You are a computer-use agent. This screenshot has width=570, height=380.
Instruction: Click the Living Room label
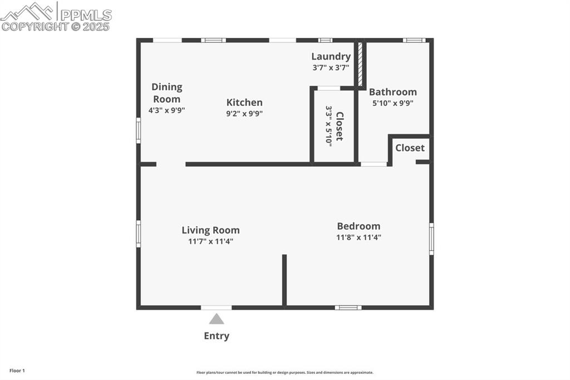(210, 230)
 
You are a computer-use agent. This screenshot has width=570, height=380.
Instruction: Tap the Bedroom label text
(358, 226)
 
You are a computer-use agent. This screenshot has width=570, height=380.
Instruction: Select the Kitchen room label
(244, 103)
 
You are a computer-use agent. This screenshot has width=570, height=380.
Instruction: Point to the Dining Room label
(167, 92)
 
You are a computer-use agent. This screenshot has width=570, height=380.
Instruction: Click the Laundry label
(331, 56)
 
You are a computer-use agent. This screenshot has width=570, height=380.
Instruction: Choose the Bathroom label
(392, 92)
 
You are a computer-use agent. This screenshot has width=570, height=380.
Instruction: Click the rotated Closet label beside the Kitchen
(339, 126)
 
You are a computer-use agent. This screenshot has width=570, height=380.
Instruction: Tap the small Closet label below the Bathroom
(410, 148)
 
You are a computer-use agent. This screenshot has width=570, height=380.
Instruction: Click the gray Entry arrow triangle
(217, 319)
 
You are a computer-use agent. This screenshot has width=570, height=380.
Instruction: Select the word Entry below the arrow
(217, 335)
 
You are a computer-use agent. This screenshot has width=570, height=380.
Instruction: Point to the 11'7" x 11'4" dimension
(210, 241)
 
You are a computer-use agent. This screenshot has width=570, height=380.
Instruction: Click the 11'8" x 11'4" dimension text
(358, 237)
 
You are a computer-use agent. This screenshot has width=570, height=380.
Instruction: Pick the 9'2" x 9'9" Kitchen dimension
(244, 114)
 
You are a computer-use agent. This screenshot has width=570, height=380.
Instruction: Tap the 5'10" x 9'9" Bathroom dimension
(392, 103)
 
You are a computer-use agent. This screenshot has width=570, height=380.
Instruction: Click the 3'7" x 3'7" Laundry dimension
(331, 67)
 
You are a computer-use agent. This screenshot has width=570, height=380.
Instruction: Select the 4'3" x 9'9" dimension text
(166, 110)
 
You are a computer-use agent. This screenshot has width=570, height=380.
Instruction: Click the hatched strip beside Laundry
(360, 64)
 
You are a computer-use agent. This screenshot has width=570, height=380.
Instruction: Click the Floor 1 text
(17, 371)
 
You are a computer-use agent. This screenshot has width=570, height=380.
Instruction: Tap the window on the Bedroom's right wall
(431, 239)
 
